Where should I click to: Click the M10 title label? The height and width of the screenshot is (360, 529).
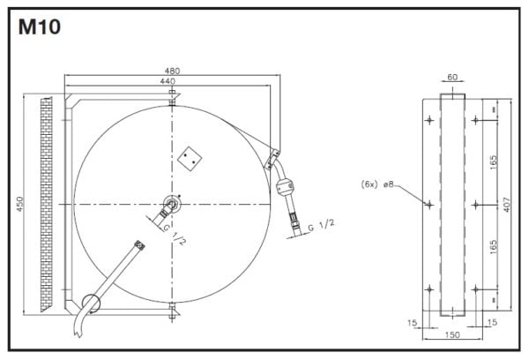click(40, 27)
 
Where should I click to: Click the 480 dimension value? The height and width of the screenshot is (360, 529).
click(172, 71)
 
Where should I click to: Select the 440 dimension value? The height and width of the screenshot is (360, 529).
click(168, 81)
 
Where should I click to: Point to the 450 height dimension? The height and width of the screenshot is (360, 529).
click(20, 204)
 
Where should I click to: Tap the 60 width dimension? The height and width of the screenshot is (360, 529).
click(452, 77)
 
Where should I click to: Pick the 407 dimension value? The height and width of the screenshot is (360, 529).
click(507, 205)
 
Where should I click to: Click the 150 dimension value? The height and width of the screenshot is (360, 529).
click(452, 334)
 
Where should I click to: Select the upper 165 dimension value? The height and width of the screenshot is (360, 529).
click(493, 162)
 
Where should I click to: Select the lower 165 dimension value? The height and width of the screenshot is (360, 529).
click(493, 247)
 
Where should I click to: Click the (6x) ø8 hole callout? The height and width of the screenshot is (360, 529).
click(377, 184)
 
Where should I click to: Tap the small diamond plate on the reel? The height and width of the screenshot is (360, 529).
click(190, 159)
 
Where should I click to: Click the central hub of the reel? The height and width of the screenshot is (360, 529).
click(172, 204)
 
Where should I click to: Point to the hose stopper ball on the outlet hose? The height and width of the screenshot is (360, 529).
click(286, 187)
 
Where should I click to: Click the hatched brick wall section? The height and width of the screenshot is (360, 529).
click(46, 204)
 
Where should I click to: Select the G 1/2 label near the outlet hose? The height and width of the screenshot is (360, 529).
click(322, 225)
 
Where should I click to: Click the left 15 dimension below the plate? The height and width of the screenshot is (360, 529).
click(413, 323)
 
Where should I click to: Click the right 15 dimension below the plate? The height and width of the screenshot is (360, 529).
click(492, 322)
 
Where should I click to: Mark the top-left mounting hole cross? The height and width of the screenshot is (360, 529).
click(429, 120)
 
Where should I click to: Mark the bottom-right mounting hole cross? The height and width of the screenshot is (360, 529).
click(475, 289)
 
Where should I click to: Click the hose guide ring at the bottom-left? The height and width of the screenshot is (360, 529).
click(83, 302)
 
